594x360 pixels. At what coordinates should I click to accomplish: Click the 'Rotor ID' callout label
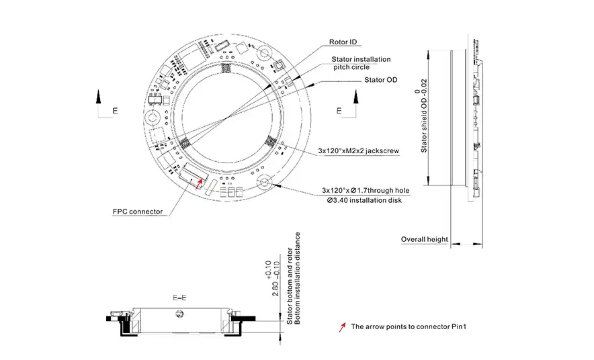click(347, 42)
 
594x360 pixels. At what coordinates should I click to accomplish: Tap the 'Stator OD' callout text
click(380, 80)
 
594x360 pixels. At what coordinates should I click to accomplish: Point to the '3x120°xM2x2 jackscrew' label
click(359, 152)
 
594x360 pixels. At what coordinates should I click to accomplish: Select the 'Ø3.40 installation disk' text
click(364, 201)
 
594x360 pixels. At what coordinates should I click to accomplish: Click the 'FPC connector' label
click(138, 212)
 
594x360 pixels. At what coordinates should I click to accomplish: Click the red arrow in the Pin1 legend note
click(343, 328)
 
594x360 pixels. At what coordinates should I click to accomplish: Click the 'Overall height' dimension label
click(424, 239)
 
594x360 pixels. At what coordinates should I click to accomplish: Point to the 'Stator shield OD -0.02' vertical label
click(424, 120)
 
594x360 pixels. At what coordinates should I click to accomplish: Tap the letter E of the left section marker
click(115, 110)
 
